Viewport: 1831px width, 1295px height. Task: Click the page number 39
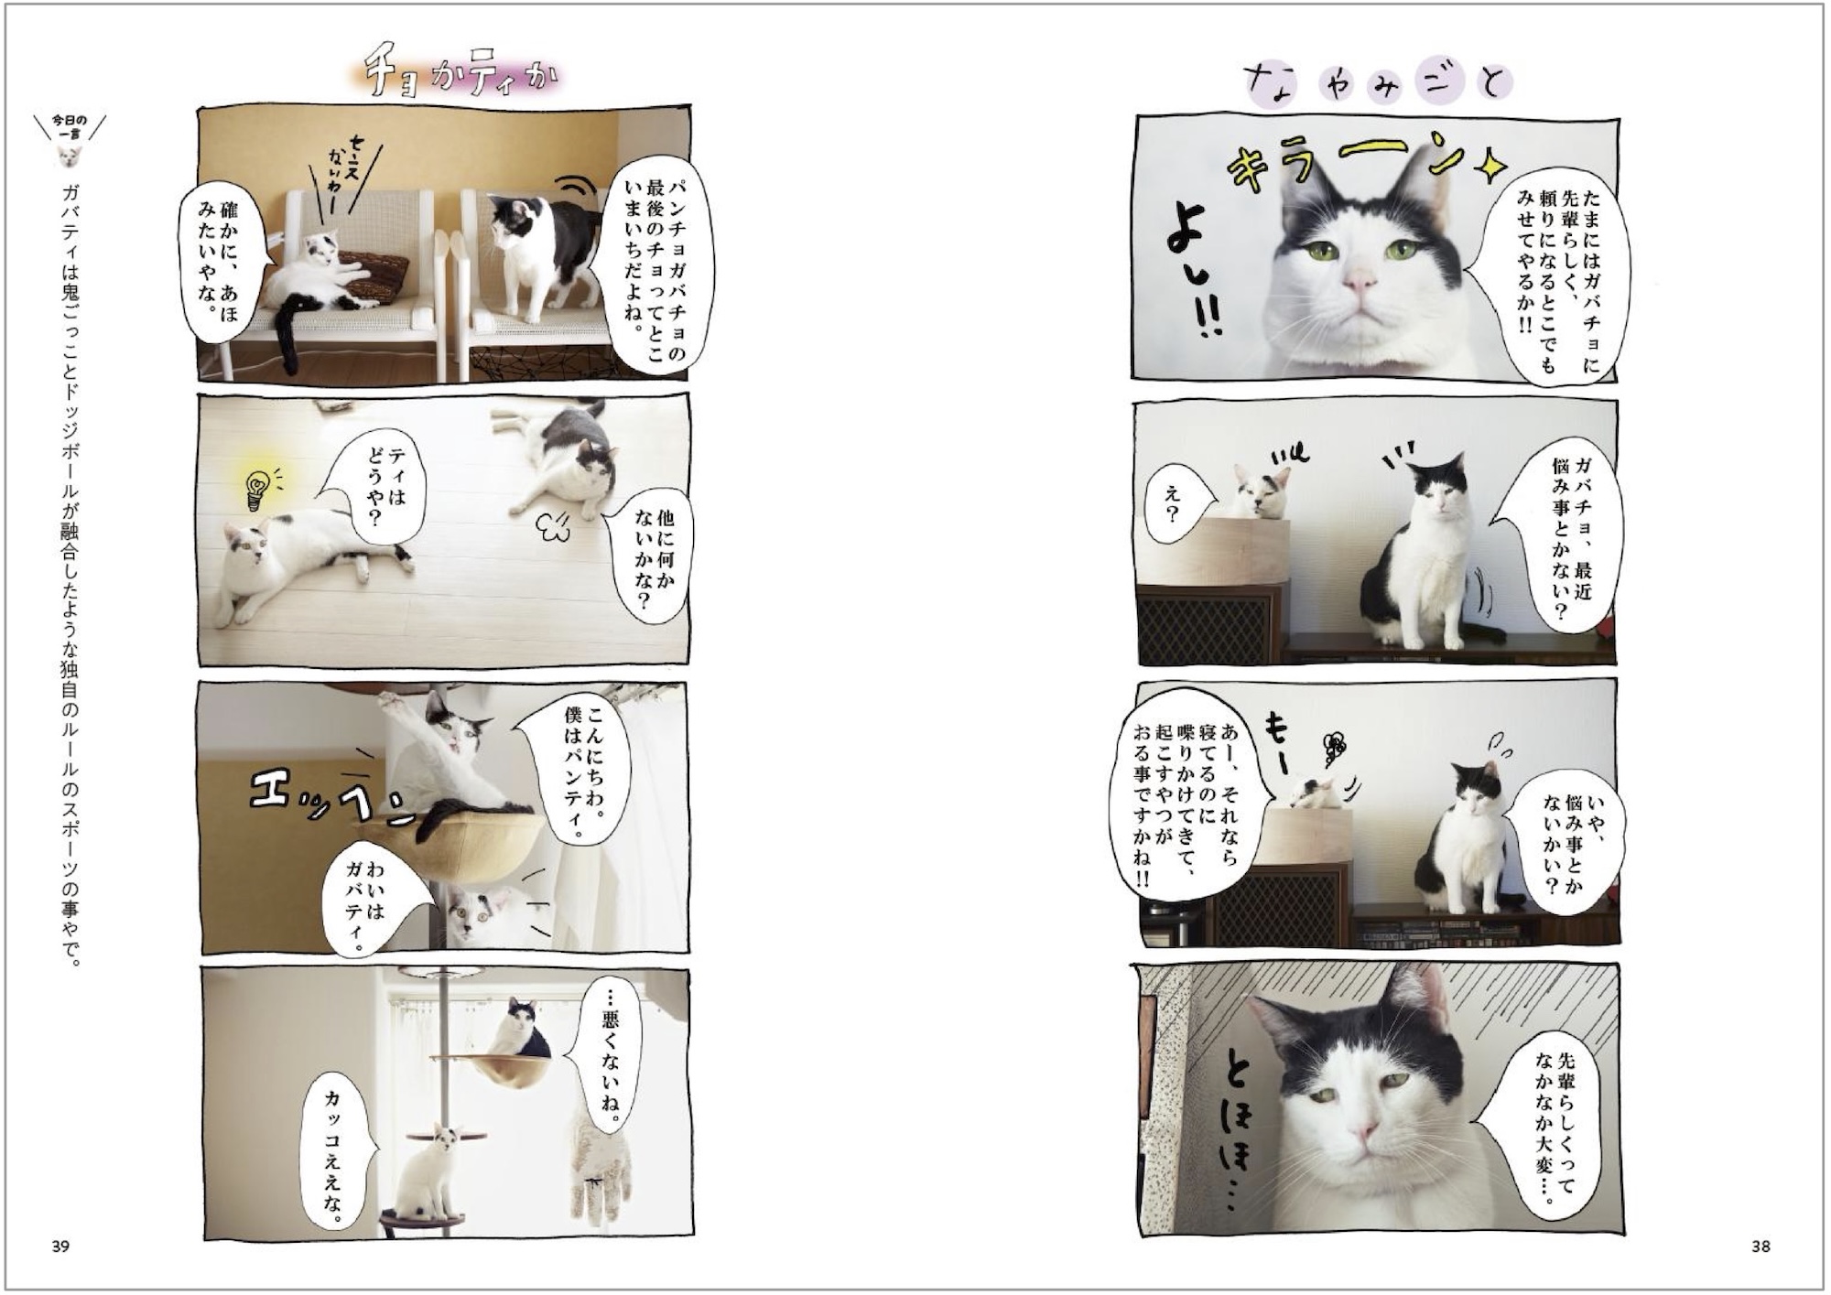coord(60,1246)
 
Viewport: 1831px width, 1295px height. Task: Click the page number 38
coord(1761,1246)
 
